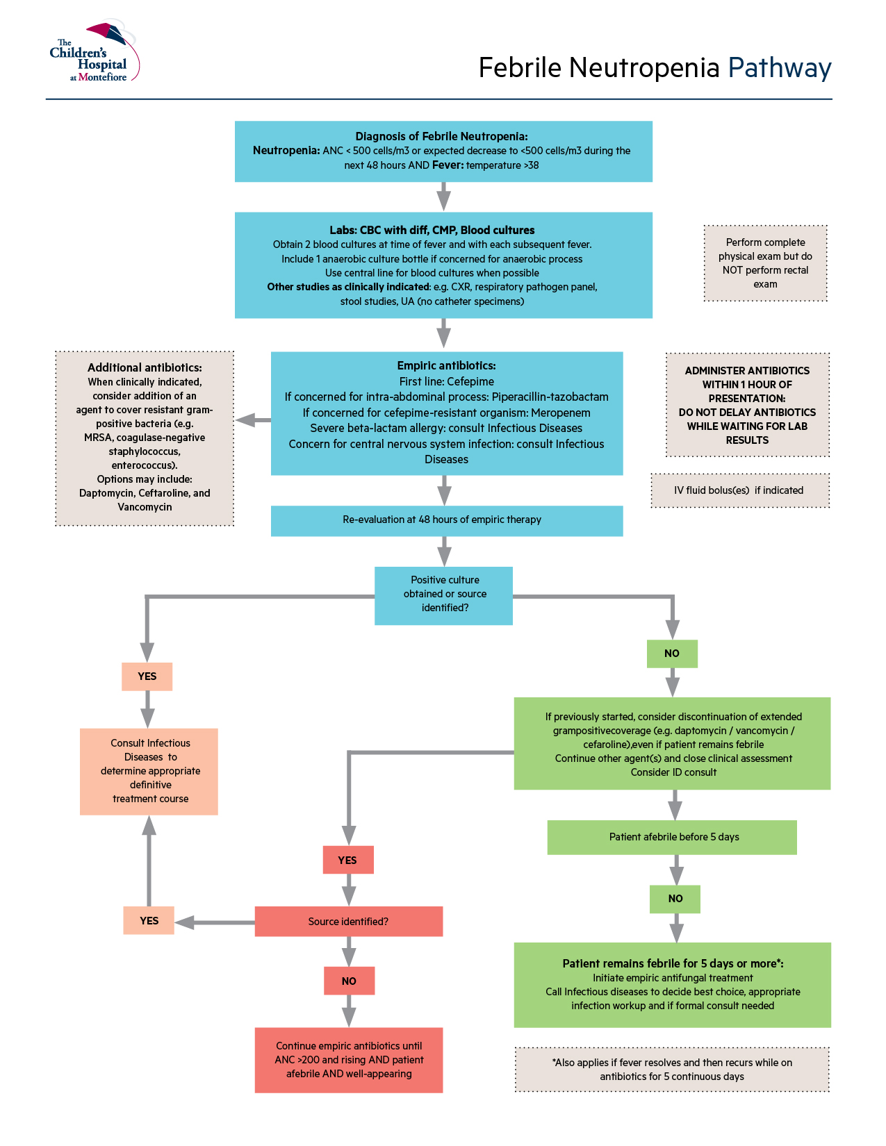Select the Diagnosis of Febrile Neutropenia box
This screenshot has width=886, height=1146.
tap(443, 151)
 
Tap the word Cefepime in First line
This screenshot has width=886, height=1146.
tap(470, 381)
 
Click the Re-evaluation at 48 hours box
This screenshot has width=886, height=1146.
tap(446, 520)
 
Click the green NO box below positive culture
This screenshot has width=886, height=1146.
tap(671, 654)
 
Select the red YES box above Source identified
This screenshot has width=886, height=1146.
tap(347, 860)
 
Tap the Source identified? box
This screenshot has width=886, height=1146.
tap(348, 922)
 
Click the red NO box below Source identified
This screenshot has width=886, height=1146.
tap(349, 981)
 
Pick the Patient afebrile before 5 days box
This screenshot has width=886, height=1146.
tap(672, 837)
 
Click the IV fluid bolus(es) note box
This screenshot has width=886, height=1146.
tap(739, 490)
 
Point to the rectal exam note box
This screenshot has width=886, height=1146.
tap(765, 263)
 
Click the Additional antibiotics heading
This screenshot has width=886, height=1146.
tap(145, 367)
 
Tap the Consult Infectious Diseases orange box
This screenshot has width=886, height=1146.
tap(149, 771)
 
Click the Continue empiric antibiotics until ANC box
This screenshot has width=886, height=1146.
tap(348, 1060)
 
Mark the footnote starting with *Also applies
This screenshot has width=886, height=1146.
tap(672, 1070)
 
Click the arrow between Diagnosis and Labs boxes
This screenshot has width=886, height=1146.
tap(443, 197)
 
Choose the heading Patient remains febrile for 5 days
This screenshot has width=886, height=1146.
tap(673, 963)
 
